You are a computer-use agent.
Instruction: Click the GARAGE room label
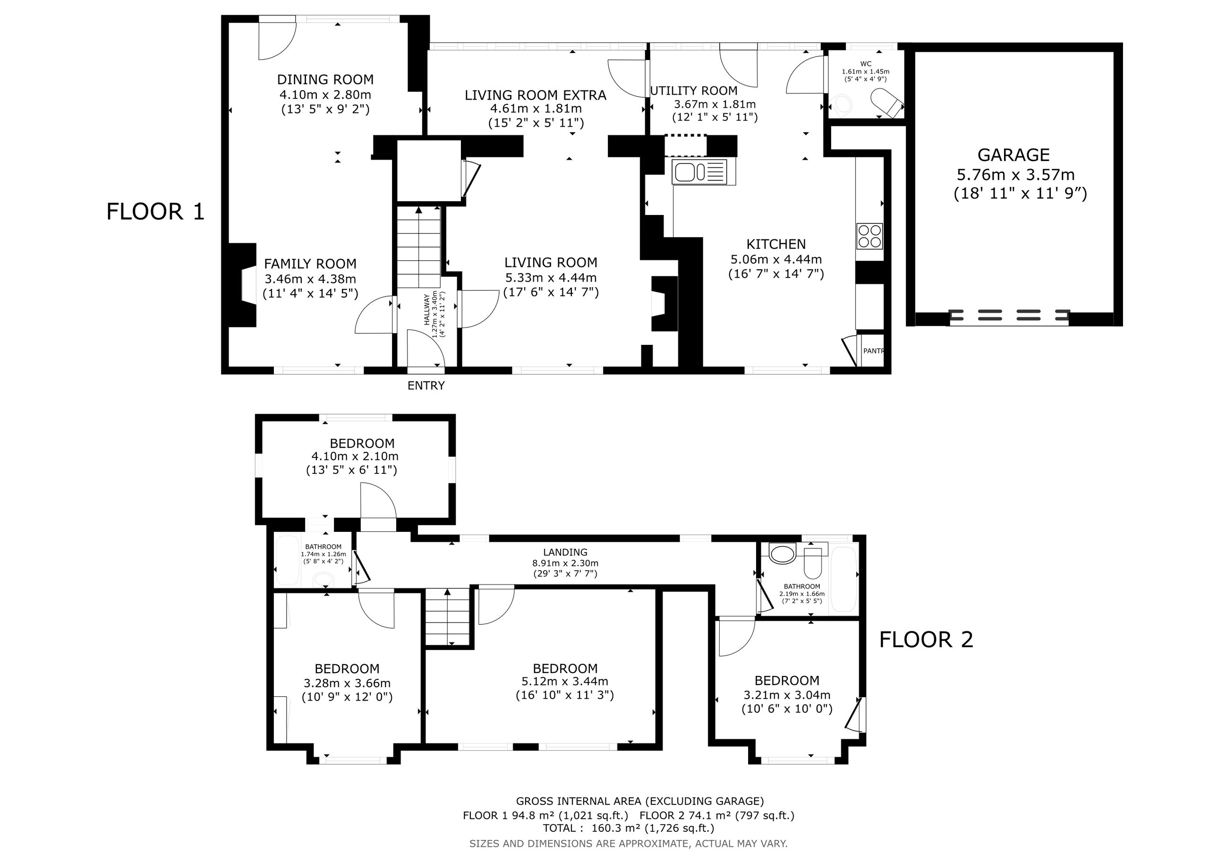pyautogui.click(x=1013, y=155)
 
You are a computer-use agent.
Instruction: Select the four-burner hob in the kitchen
pyautogui.click(x=869, y=236)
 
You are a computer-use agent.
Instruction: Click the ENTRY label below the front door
pyautogui.click(x=426, y=385)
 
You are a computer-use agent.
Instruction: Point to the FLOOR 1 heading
pyautogui.click(x=155, y=212)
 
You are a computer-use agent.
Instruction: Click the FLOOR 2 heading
pyautogui.click(x=926, y=640)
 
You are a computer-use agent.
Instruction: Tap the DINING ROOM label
pyautogui.click(x=325, y=79)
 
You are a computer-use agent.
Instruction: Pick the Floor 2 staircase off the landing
pyautogui.click(x=447, y=617)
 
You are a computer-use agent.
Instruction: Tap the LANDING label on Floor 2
pyautogui.click(x=565, y=552)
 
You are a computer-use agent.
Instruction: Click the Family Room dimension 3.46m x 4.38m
pyautogui.click(x=310, y=279)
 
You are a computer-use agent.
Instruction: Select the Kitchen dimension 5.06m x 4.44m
pyautogui.click(x=776, y=259)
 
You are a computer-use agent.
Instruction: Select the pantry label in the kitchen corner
pyautogui.click(x=873, y=351)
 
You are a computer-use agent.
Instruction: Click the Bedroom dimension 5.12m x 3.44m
pyautogui.click(x=565, y=682)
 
